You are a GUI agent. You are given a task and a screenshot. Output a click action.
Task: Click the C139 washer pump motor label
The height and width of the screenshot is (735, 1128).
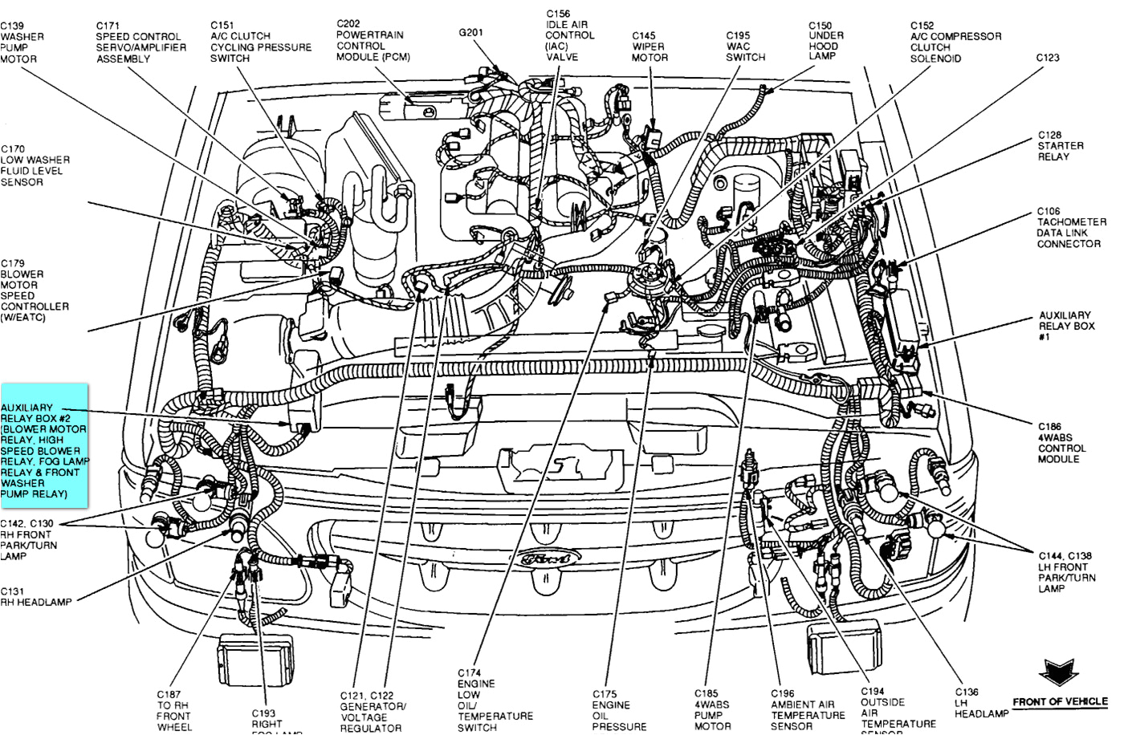tap(22, 43)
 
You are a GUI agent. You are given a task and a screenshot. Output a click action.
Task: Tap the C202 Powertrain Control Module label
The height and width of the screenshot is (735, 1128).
tap(372, 40)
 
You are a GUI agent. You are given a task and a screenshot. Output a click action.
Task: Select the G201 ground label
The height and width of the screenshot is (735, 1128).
tap(470, 33)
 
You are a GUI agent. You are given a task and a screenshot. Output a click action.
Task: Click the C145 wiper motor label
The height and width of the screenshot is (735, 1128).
tap(649, 47)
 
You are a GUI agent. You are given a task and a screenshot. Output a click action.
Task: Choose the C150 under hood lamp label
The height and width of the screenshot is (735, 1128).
tap(825, 41)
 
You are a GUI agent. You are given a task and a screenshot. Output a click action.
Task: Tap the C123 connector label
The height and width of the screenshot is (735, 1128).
tap(1048, 58)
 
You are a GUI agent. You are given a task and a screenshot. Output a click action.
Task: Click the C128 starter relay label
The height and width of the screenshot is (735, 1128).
tap(1060, 146)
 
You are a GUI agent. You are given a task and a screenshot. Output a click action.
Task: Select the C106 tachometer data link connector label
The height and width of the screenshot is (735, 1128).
tap(1070, 228)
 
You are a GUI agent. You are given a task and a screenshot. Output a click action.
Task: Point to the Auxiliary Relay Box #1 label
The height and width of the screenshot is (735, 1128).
tap(1065, 326)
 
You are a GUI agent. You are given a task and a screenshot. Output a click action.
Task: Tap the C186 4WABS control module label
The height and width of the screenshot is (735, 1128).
tap(1061, 443)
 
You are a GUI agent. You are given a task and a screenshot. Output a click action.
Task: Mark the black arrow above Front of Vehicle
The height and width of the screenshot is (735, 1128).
tap(1057, 672)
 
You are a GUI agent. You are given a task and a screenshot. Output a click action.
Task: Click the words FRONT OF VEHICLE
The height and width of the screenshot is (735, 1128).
tap(1059, 702)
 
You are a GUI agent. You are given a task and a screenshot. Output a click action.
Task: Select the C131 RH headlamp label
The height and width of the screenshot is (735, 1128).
tap(35, 597)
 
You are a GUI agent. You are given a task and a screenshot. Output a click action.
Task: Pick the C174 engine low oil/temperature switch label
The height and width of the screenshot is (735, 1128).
tap(494, 700)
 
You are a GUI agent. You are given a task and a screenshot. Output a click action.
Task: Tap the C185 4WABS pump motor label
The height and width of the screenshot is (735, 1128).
tap(712, 709)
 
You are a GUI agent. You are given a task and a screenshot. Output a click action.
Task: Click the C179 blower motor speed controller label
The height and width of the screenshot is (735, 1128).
tap(35, 290)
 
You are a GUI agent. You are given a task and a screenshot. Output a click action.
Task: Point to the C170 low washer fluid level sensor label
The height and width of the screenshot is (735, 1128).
tap(35, 165)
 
